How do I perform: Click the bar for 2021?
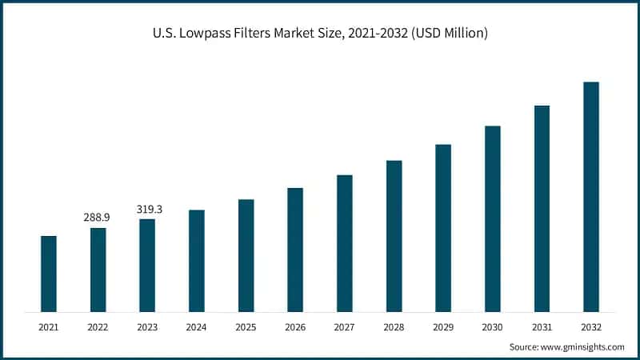click(49, 274)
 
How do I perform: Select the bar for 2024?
click(197, 261)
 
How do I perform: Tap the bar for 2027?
click(345, 243)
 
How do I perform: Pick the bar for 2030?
click(493, 218)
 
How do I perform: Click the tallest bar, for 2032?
click(591, 197)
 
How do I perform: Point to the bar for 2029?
click(443, 228)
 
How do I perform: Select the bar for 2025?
click(246, 255)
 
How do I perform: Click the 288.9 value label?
click(98, 217)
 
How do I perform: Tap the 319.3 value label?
click(147, 209)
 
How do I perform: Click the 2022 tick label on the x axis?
click(98, 327)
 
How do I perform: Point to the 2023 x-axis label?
click(147, 327)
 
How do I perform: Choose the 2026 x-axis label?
click(295, 327)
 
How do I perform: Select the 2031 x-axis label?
click(542, 327)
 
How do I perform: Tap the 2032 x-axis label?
click(591, 327)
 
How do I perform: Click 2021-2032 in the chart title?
click(376, 34)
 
